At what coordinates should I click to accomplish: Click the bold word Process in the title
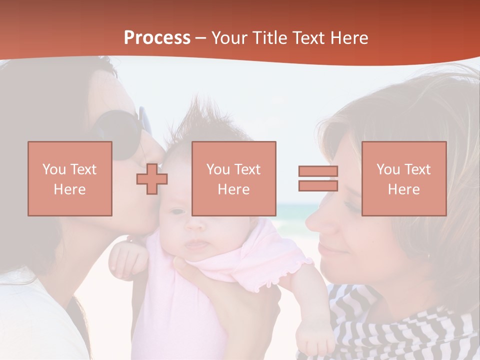[x=157, y=38]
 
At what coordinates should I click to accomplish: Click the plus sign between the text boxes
[x=152, y=179]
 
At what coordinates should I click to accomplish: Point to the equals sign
[x=318, y=178]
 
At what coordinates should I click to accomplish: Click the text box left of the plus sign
[x=70, y=178]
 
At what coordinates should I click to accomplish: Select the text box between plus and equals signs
[x=233, y=178]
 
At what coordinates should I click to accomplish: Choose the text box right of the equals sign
[x=404, y=178]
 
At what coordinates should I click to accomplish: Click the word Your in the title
[x=230, y=38]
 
